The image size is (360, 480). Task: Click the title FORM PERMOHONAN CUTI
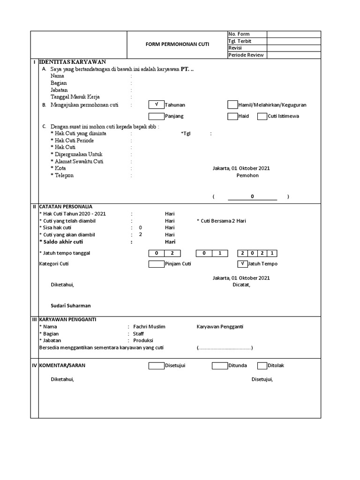coord(177,45)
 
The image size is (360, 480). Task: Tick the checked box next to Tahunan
coord(156,105)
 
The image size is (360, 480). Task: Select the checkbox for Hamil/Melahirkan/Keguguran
coord(232,105)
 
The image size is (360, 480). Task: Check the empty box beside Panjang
coord(156,116)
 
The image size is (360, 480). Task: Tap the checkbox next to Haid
coord(232,116)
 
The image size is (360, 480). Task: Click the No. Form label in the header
coord(239,34)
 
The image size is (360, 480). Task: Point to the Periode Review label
coord(246,55)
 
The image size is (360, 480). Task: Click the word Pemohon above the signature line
coord(247,175)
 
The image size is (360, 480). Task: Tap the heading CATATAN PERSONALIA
coord(66,206)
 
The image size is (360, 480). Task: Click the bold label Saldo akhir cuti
coord(60,242)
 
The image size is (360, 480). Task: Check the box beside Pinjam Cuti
coord(156,264)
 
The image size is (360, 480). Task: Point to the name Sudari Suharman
coord(71,306)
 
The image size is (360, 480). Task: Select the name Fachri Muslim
coord(149,327)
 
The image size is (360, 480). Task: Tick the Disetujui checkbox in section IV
coord(156,366)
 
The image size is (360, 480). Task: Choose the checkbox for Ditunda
coord(219,366)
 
